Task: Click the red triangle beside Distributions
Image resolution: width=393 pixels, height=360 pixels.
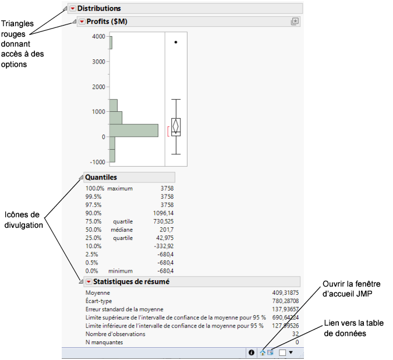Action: (72, 9)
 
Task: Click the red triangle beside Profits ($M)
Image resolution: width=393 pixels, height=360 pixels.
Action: (82, 22)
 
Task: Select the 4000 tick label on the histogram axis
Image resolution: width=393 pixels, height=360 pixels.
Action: (98, 37)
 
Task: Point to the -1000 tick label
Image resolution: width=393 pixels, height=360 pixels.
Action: (97, 162)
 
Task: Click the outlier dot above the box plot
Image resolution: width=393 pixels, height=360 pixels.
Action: (176, 42)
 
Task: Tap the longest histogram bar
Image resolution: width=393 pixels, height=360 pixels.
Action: (134, 130)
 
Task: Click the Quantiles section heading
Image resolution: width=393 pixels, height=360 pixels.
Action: (101, 177)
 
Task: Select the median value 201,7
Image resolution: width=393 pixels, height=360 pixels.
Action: (165, 230)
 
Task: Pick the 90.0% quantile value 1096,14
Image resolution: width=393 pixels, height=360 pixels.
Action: (162, 213)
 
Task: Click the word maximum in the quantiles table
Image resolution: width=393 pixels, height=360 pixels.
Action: (121, 188)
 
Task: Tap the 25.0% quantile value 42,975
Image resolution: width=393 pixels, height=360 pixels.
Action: (163, 238)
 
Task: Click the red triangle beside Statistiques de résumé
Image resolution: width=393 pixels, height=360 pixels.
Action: (88, 282)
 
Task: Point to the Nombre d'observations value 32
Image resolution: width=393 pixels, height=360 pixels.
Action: (295, 334)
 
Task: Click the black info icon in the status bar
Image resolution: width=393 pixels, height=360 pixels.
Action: (252, 352)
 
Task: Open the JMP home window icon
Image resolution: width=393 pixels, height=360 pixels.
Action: (263, 352)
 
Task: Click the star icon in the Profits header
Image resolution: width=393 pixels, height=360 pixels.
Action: (295, 22)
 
